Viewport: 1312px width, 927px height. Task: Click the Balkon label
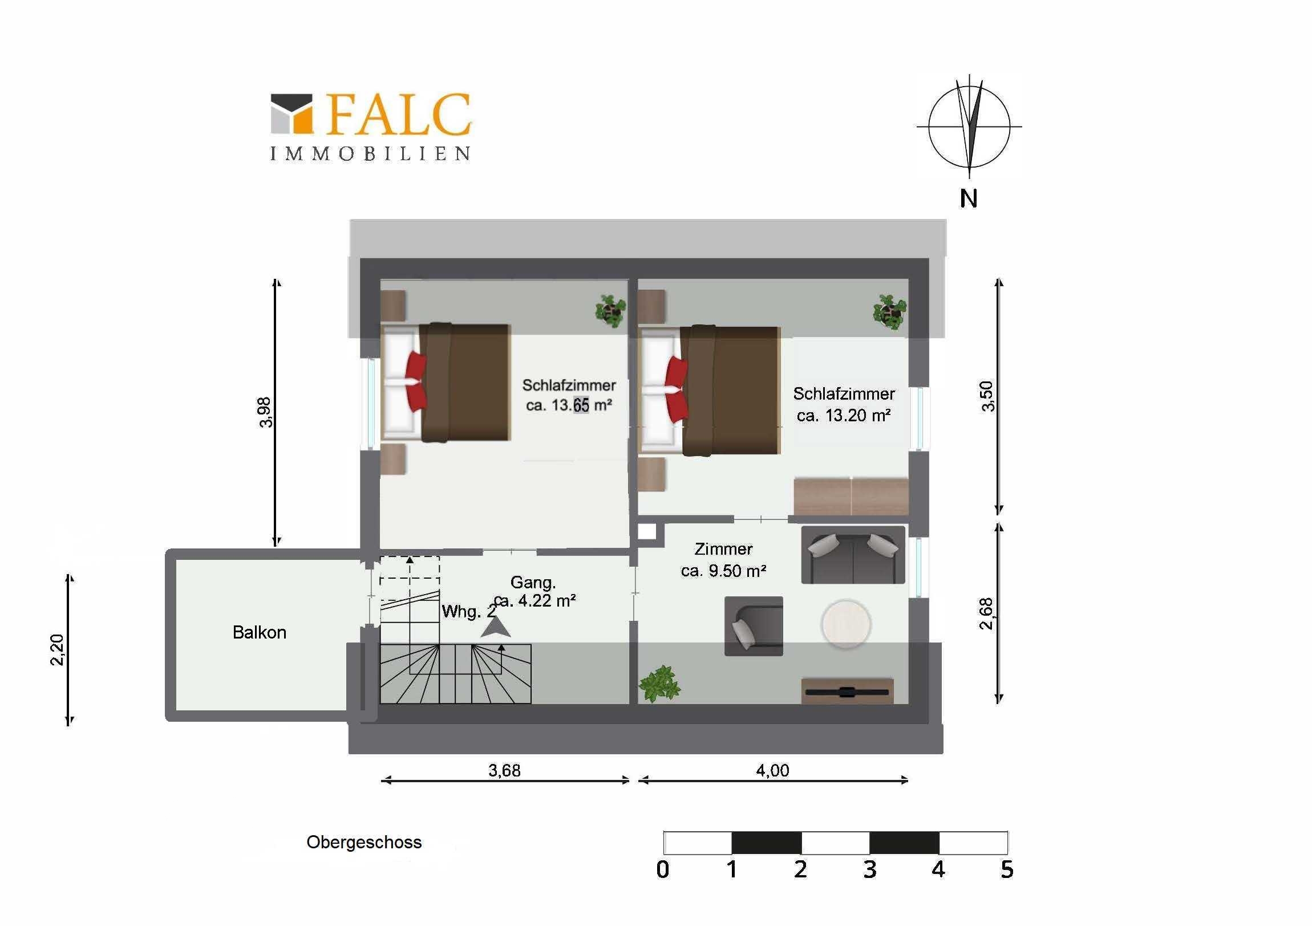(260, 632)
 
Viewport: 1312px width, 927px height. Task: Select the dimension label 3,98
(265, 412)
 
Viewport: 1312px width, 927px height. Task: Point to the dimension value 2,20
(58, 650)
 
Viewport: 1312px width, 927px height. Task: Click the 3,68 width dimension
(504, 770)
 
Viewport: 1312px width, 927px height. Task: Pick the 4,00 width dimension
(772, 770)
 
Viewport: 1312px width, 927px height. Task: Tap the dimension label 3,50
(987, 396)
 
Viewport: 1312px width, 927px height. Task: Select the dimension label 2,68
(986, 613)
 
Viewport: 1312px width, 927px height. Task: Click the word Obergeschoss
(364, 843)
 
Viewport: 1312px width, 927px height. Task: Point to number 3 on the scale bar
(869, 870)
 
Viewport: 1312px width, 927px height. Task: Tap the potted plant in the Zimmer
(659, 684)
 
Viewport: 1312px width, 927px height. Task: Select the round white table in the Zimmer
(846, 624)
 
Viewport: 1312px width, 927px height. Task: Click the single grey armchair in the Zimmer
(754, 626)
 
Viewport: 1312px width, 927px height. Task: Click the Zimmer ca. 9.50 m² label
(723, 560)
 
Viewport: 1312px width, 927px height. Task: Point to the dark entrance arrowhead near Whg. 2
(496, 627)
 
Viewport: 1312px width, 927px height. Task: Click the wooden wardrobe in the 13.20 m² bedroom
(851, 497)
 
